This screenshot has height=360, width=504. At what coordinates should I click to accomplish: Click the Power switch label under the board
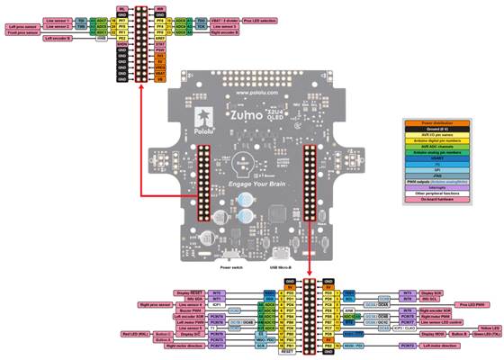tap(232, 267)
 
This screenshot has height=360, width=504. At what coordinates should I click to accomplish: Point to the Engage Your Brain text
tap(254, 184)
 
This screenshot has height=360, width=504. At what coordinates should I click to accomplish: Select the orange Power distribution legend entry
tap(445, 121)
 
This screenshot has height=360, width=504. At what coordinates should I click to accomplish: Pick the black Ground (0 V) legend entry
tap(445, 128)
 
